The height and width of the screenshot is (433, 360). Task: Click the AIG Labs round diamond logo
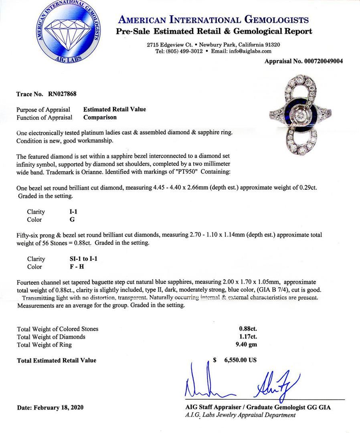coord(67,33)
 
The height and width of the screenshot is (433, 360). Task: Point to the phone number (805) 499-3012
coord(185,51)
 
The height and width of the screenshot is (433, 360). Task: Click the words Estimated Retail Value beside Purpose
coord(115,109)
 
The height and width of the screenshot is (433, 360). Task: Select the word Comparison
coord(100,117)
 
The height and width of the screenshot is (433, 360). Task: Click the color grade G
coord(72,220)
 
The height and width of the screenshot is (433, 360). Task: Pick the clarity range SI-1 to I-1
coord(83,259)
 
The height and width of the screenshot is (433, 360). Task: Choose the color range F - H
coord(77,267)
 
